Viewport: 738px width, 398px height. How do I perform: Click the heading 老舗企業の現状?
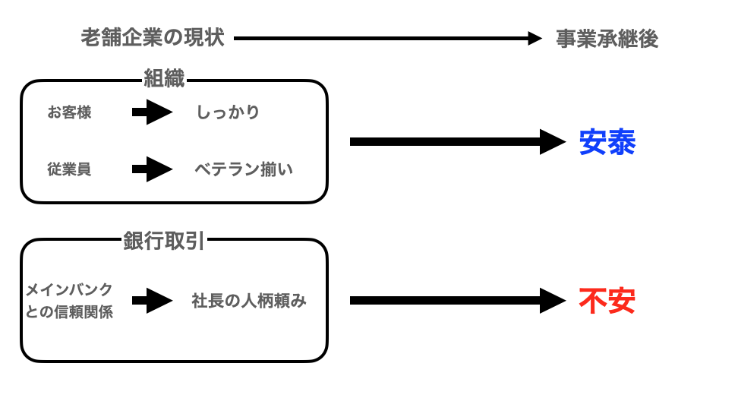click(153, 38)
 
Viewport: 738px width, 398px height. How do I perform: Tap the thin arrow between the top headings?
click(387, 39)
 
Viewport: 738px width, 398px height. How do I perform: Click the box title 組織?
click(164, 78)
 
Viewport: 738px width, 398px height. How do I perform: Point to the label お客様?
click(69, 112)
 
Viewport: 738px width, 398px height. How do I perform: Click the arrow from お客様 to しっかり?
click(152, 112)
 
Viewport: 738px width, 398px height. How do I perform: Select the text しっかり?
click(228, 112)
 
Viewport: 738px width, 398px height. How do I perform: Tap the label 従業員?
click(69, 169)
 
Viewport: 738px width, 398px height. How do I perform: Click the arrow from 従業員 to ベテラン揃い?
click(152, 169)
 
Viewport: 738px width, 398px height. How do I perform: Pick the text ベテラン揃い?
click(244, 169)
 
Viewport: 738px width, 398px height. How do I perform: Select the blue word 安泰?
click(607, 142)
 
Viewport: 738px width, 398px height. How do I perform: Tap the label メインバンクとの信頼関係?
click(69, 300)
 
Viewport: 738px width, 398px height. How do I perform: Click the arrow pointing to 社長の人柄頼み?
click(152, 300)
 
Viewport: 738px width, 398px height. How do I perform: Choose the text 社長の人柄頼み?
click(249, 301)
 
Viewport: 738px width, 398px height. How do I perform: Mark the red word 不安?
click(607, 301)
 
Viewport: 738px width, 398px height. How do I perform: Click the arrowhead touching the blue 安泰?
click(552, 141)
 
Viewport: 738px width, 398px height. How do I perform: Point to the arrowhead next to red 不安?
click(552, 300)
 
